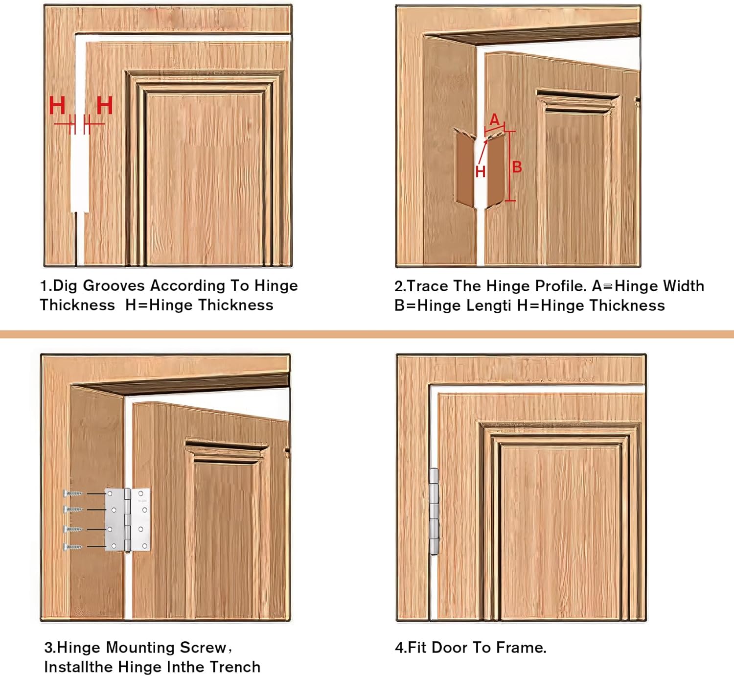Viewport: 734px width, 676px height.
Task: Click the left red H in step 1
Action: (x=57, y=105)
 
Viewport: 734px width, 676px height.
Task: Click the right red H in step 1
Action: (x=104, y=105)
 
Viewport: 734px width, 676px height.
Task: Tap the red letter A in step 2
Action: (x=495, y=119)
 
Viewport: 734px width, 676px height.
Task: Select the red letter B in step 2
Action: (x=517, y=167)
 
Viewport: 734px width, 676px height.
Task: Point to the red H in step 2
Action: (x=481, y=171)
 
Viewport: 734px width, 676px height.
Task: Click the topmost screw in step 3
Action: (x=73, y=493)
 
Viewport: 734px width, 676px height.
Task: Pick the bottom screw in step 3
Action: (x=73, y=547)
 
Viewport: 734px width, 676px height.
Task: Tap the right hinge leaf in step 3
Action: (x=141, y=519)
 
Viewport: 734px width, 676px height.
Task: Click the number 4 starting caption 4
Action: (x=399, y=648)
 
